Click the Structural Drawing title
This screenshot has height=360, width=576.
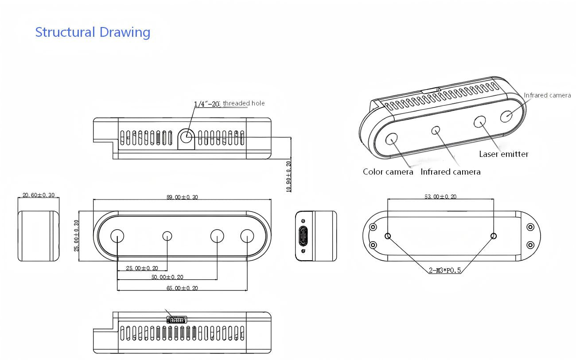[x=93, y=32]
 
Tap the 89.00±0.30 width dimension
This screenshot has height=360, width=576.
[x=182, y=197]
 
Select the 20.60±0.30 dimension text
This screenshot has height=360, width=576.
[x=39, y=195]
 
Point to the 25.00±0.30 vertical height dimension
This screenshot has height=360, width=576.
[x=76, y=236]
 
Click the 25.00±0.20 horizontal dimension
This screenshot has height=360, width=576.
[x=142, y=268]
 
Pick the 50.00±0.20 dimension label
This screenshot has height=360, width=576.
[x=167, y=277]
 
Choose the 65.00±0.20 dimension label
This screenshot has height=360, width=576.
[x=182, y=288]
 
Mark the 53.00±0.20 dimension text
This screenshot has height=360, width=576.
[x=440, y=196]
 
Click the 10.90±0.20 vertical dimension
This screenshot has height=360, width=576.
[x=288, y=176]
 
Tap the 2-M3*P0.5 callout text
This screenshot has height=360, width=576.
[x=445, y=270]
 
